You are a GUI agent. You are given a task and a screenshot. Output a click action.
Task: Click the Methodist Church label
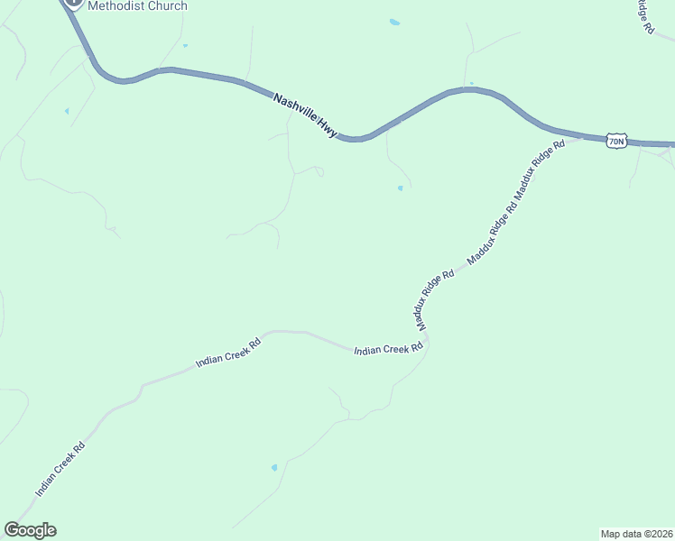click(x=137, y=6)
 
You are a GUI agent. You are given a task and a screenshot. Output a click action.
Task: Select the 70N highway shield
click(x=616, y=141)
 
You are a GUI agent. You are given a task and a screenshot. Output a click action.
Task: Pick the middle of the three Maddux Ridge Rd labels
click(x=493, y=234)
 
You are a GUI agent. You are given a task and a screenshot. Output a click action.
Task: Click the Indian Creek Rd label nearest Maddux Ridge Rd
click(x=388, y=349)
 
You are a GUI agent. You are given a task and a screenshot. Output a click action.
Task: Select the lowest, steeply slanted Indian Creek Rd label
click(x=60, y=469)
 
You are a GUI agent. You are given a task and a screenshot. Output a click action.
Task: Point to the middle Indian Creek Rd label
click(x=228, y=353)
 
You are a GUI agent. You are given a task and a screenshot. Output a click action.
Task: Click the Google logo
click(x=30, y=530)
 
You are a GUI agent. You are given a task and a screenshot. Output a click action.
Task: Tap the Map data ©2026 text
click(x=636, y=533)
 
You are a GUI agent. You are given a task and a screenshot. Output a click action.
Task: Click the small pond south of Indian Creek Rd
click(x=274, y=468)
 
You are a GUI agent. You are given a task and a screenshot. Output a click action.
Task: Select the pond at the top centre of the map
click(x=394, y=22)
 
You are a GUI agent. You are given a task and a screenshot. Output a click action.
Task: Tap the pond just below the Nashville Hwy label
click(x=400, y=188)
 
